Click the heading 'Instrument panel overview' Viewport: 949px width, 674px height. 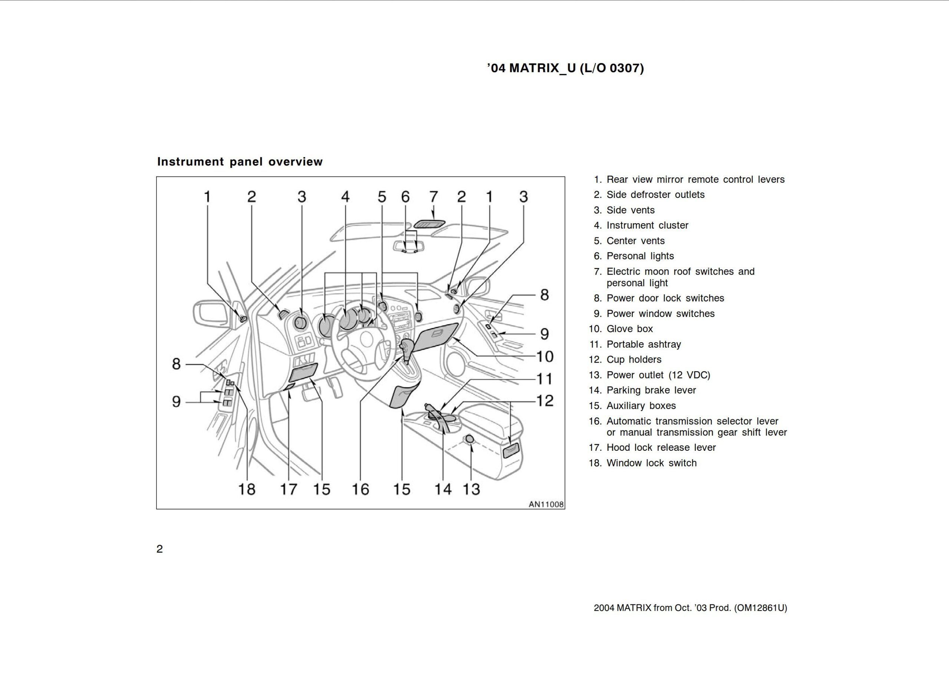(239, 162)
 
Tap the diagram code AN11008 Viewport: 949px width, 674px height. (546, 504)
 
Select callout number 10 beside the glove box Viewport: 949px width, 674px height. (545, 357)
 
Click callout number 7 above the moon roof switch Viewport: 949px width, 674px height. (433, 197)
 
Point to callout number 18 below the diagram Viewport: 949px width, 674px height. (247, 489)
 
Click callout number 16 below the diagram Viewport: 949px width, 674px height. (360, 489)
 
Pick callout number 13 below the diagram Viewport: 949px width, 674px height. (472, 489)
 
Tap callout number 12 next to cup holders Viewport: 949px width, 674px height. (545, 400)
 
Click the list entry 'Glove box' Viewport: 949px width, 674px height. (629, 329)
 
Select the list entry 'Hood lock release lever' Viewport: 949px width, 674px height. (661, 448)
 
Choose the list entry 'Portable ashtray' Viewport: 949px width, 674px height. (643, 344)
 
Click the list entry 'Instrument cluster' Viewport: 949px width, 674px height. (647, 225)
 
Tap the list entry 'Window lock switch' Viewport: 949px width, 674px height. (651, 463)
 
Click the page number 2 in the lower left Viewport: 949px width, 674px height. (159, 549)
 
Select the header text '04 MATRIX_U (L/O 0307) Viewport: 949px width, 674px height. (565, 68)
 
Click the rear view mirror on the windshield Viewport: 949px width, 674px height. (409, 246)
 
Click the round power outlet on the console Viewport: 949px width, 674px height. (469, 439)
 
